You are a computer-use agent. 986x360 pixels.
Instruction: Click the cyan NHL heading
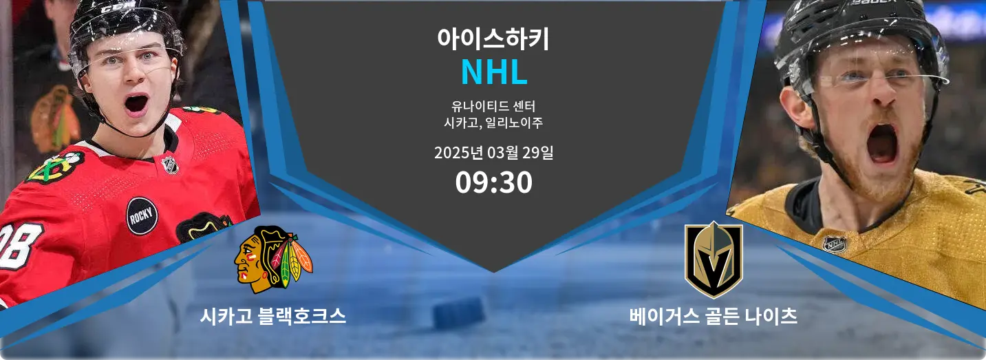494,72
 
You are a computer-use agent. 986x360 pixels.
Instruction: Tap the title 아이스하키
493,39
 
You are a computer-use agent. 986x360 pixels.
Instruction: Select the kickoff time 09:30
494,182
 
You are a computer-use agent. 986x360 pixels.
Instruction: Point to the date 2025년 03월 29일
494,153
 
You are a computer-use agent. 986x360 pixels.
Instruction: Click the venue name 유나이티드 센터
493,106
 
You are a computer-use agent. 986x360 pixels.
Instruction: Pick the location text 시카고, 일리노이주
493,123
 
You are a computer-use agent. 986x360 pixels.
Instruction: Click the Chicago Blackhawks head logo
273,260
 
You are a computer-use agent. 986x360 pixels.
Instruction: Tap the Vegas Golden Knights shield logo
714,260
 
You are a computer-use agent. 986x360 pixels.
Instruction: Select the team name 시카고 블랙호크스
273,316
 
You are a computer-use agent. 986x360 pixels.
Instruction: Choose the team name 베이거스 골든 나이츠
714,316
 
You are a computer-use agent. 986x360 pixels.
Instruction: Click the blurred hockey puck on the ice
459,313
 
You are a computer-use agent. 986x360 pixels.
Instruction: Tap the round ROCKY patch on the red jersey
142,215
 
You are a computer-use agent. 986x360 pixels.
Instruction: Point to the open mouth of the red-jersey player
136,104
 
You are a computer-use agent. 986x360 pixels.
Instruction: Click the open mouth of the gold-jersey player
881,144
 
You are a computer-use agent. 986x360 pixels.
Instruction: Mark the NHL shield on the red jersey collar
171,165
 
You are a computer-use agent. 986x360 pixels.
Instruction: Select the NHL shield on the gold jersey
835,244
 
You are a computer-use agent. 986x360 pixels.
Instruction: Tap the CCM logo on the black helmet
111,8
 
